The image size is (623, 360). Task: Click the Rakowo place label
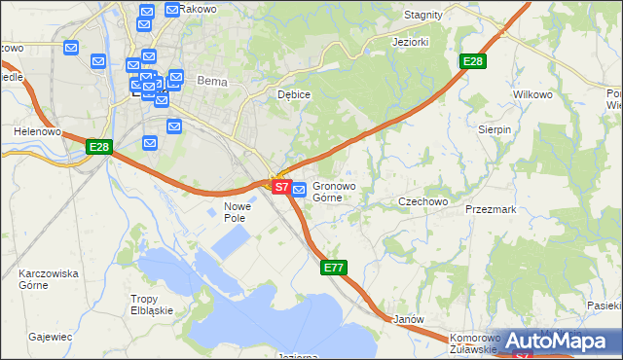[201, 10]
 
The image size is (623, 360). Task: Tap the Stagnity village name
[422, 16]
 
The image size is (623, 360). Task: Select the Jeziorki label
[411, 44]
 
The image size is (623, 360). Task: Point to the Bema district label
[211, 82]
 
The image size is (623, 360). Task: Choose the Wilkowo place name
[532, 94]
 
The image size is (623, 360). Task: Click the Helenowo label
[37, 130]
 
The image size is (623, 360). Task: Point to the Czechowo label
[422, 201]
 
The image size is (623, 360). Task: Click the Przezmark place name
[491, 208]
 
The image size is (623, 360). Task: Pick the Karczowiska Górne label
[48, 280]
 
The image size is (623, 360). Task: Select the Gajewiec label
[51, 337]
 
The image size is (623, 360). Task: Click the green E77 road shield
[334, 267]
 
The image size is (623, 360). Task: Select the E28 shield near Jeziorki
[472, 62]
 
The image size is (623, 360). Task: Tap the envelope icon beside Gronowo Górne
[300, 189]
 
